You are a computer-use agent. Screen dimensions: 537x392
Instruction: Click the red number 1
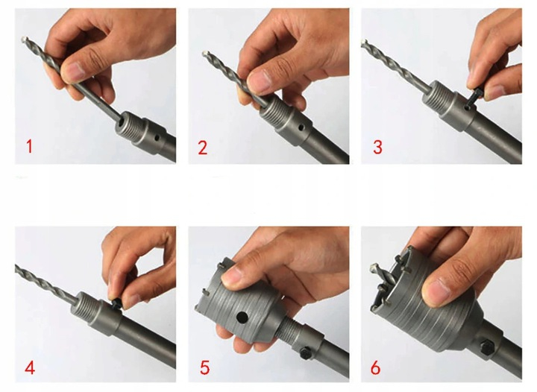29,146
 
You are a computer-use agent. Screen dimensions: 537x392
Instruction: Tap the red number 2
203,148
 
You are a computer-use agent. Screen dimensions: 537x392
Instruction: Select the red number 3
377,147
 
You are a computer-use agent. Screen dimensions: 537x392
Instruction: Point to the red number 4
30,368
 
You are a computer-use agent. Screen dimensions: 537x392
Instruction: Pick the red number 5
204,367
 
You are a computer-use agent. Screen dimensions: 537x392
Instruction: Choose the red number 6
376,368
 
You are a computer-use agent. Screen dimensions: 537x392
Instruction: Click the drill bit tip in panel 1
24,39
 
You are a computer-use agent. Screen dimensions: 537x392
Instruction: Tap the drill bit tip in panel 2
204,54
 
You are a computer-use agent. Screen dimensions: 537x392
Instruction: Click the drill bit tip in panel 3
364,42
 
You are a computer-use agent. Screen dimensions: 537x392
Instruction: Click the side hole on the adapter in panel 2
301,127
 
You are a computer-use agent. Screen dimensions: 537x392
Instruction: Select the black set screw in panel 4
116,303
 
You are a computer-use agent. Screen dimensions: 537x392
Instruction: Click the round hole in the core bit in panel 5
242,317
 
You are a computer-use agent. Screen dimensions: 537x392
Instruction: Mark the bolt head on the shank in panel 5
305,353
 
